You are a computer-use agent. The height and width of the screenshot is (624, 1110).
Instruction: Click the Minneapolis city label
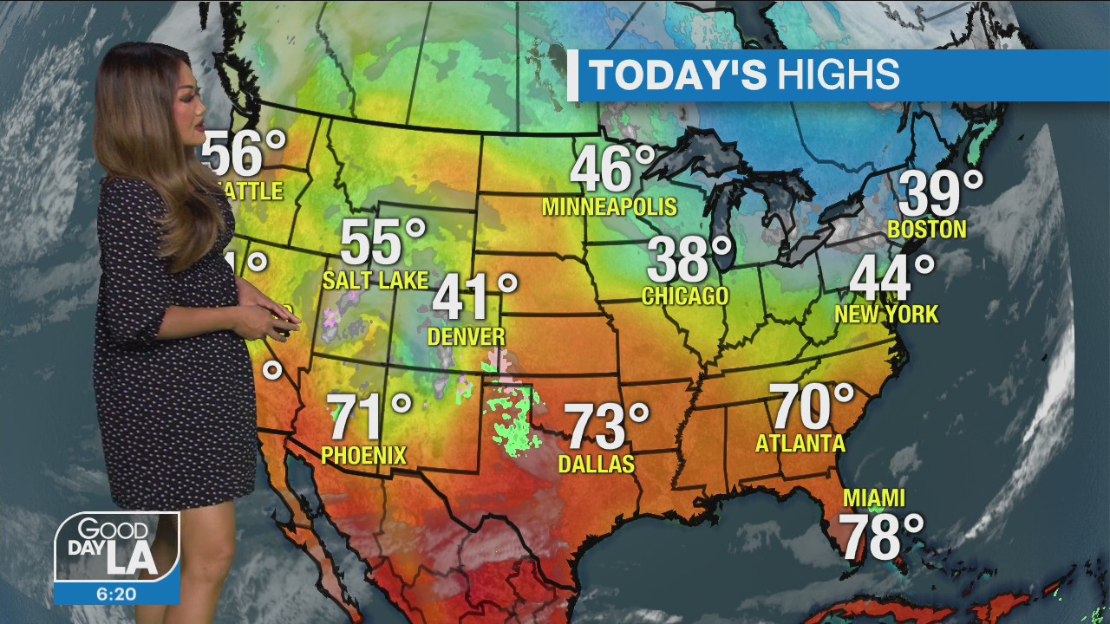tap(609, 207)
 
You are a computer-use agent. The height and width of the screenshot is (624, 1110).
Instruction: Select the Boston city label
tap(927, 230)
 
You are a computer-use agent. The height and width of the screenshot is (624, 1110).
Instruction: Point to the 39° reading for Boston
tap(940, 193)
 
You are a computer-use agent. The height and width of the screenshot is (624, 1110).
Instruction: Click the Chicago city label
tap(685, 296)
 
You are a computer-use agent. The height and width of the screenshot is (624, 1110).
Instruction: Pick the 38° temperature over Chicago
tap(689, 259)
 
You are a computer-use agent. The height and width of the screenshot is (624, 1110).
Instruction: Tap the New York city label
tap(886, 315)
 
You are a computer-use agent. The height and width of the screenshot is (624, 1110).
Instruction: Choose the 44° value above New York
tap(891, 278)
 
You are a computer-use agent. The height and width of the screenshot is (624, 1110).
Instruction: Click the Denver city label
tap(467, 336)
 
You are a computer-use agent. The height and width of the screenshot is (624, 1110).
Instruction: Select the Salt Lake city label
tap(375, 280)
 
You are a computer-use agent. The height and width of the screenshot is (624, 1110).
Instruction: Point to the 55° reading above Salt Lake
tap(382, 243)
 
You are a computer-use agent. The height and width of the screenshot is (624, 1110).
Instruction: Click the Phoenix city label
tap(363, 455)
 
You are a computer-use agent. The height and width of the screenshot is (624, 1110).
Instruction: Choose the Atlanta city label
tap(800, 444)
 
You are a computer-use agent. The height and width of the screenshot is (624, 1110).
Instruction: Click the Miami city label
tap(874, 498)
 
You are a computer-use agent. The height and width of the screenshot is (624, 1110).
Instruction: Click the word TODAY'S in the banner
tap(677, 75)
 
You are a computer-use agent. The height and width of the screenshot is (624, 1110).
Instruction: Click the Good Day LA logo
tap(116, 547)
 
